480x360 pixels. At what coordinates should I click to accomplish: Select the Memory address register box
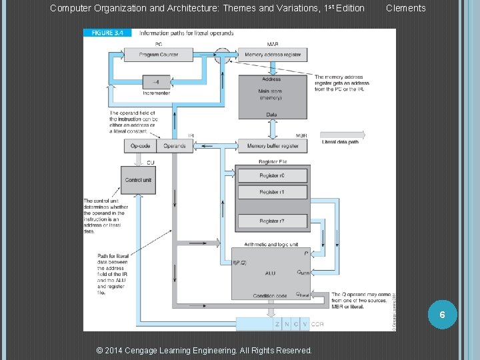point(273,55)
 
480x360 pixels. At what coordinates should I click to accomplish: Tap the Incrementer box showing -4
point(156,82)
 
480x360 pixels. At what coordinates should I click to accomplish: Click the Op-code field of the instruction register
point(141,145)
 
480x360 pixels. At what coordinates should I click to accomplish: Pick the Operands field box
point(175,145)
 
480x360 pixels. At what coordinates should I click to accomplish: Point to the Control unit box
point(138,180)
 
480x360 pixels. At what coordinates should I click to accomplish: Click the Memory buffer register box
point(273,145)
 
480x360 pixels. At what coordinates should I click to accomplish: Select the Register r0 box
point(272,175)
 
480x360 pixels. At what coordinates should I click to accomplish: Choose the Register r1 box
point(272,192)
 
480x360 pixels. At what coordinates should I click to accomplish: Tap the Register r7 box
point(272,221)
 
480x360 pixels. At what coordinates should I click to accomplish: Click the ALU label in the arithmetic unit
point(270,273)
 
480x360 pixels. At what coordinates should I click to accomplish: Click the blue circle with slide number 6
point(441,314)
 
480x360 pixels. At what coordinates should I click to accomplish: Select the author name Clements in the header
point(406,8)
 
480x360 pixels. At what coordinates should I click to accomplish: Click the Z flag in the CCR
point(277,324)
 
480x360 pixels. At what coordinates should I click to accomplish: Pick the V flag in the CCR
point(305,324)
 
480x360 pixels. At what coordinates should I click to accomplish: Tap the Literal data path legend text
point(340,142)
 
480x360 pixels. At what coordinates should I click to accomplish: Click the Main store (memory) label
point(271,94)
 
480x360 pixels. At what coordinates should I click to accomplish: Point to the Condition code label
point(269,296)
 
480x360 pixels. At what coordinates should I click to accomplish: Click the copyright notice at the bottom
point(204,350)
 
